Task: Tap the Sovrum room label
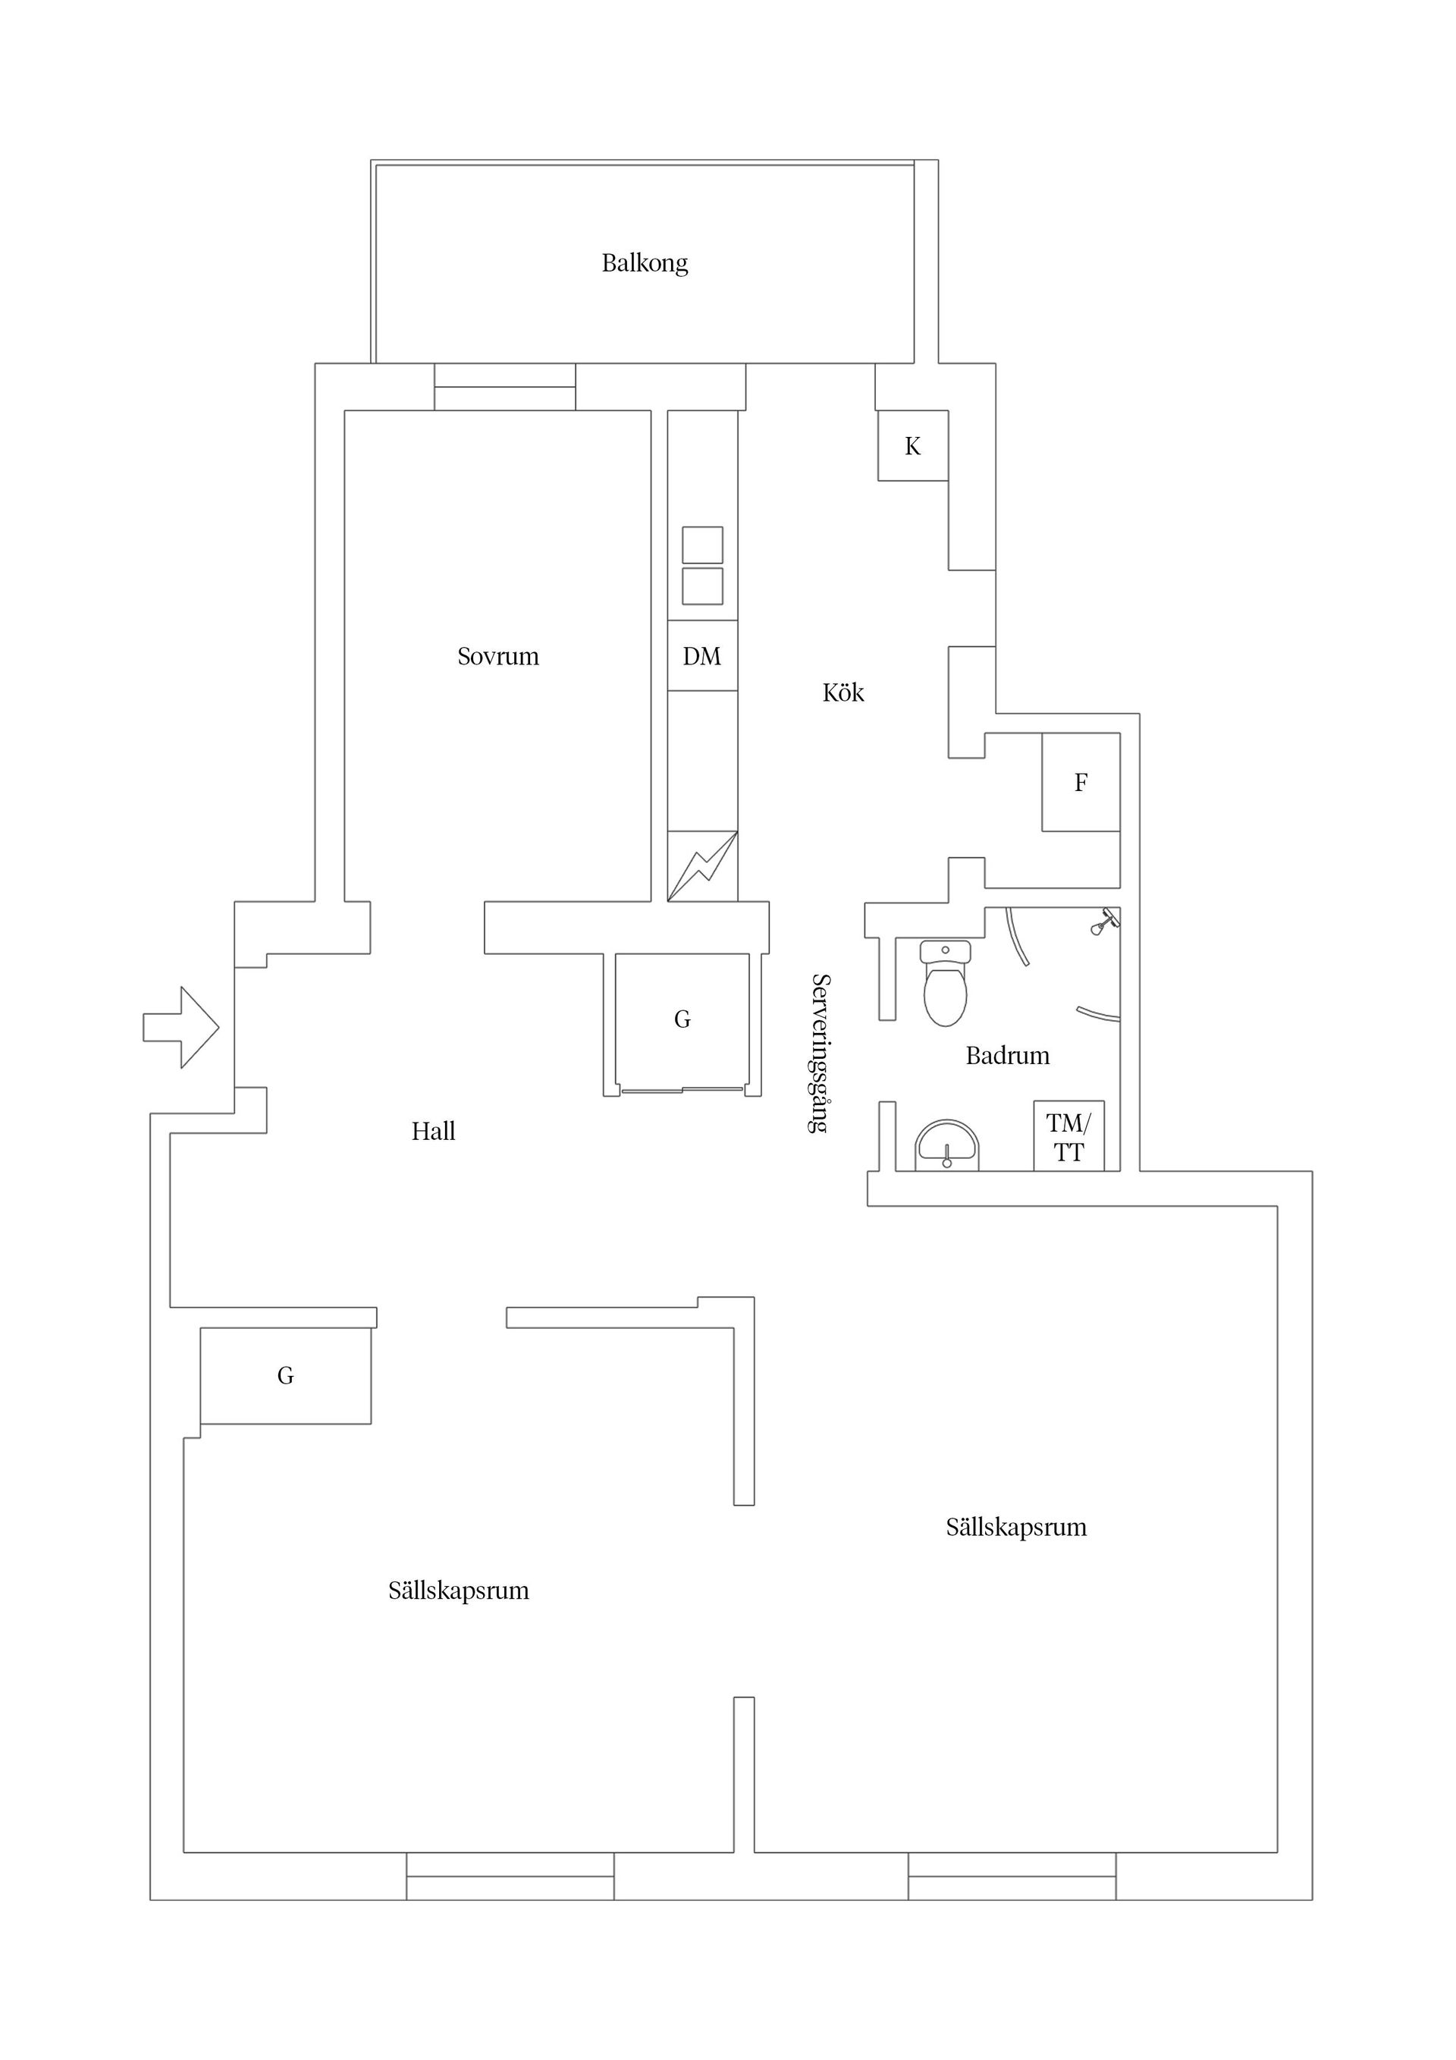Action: coord(498,657)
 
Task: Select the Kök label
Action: coord(843,692)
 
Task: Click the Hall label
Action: coord(433,1132)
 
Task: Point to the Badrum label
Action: coord(1008,1056)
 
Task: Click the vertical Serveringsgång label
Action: coord(818,1054)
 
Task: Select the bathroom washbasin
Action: coord(946,1146)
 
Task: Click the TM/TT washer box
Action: coord(1068,1136)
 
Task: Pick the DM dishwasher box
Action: coord(702,656)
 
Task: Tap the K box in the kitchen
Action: coord(913,446)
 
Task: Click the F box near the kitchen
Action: coord(1081,783)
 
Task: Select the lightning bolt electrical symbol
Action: coord(702,867)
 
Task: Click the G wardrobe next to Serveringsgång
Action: coord(682,1021)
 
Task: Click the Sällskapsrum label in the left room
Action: coord(459,1591)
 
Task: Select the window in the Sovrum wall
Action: coord(505,387)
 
